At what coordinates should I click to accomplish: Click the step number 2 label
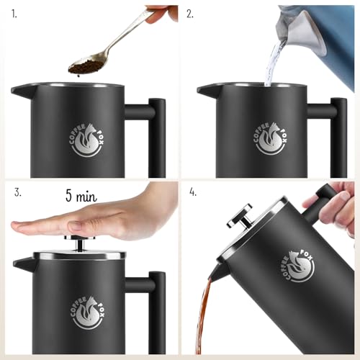click(191, 13)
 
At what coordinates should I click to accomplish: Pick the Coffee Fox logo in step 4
click(300, 266)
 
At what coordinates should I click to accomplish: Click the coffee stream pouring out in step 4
click(207, 317)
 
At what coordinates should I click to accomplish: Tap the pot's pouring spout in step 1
click(19, 91)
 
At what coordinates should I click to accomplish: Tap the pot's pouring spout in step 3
click(20, 264)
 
